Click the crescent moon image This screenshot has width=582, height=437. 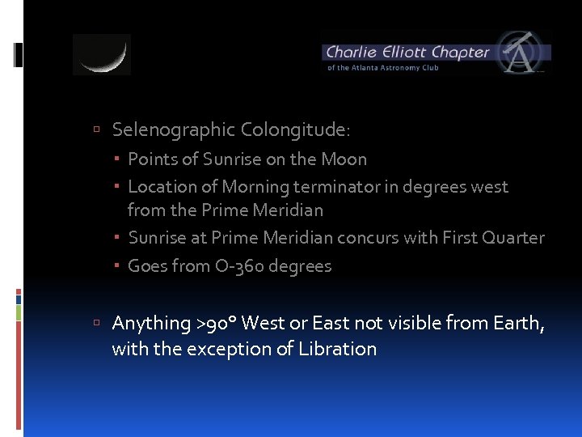[x=102, y=55]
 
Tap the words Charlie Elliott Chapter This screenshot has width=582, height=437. [x=407, y=53]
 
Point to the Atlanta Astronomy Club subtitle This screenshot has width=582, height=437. [x=383, y=68]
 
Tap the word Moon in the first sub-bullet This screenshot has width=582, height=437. [x=344, y=159]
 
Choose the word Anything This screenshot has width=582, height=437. [x=151, y=324]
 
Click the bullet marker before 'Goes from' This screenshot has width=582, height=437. [x=118, y=266]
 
